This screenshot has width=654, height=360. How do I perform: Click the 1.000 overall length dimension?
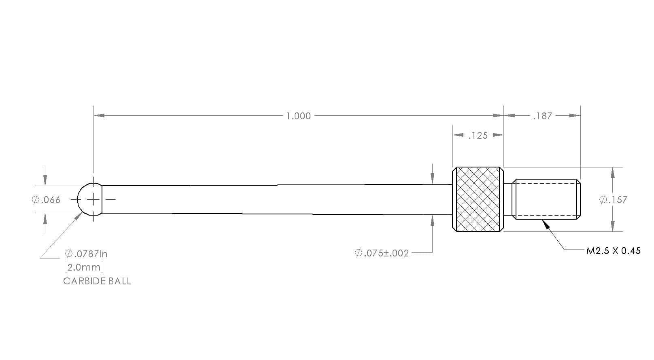(298, 116)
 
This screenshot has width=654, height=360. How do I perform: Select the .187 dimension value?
(542, 116)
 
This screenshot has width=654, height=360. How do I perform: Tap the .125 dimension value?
(478, 136)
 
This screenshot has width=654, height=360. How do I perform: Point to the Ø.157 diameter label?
(613, 199)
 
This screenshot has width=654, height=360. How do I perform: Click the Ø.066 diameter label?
(46, 200)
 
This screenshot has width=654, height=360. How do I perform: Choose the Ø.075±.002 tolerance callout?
(382, 253)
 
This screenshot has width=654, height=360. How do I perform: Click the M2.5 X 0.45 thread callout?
(614, 251)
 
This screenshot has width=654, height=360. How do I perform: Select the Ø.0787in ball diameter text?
(86, 254)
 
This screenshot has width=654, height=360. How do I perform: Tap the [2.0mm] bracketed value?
(84, 267)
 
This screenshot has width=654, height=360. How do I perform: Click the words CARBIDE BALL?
(97, 281)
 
